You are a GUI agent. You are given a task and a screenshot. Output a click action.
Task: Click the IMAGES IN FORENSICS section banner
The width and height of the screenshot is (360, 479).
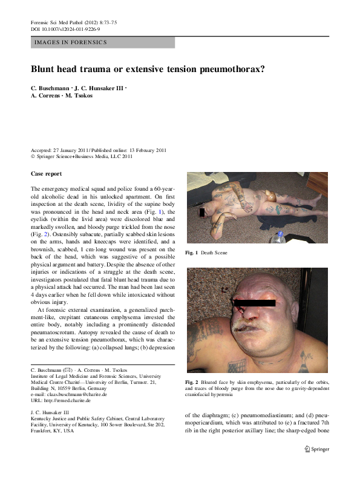[71, 42]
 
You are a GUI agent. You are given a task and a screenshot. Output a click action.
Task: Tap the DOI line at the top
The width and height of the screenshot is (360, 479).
[65, 29]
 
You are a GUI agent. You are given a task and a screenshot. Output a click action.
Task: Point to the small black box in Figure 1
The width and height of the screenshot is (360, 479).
[202, 212]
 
